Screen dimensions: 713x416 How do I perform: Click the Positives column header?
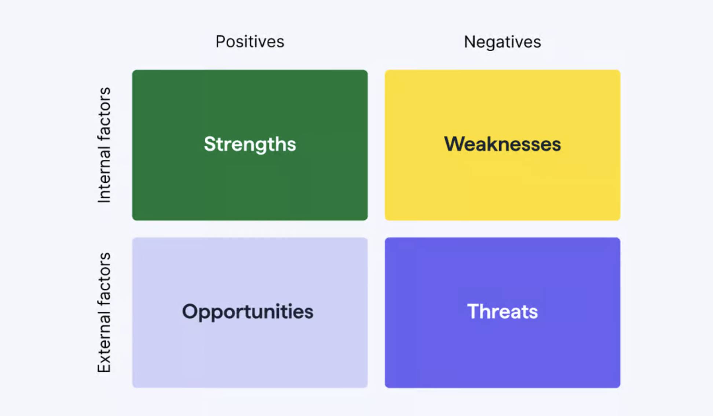(250, 41)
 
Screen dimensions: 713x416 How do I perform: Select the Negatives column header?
(502, 42)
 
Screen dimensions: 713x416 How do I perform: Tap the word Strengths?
(250, 144)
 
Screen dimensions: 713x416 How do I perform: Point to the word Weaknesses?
(502, 144)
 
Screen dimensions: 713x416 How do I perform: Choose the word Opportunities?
(248, 312)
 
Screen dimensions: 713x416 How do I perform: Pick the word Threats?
(502, 312)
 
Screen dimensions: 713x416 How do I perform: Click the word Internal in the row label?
(104, 176)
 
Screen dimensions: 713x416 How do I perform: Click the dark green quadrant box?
(250, 145)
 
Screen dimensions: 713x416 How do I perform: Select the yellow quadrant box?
(502, 145)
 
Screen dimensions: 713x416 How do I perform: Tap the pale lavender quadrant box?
(250, 313)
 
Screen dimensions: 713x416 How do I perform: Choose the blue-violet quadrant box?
(502, 313)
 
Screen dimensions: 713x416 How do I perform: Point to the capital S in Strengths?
(211, 144)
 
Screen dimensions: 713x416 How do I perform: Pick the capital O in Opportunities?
(191, 312)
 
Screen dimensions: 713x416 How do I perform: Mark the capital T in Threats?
(474, 312)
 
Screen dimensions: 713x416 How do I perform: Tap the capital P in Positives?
(220, 42)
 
